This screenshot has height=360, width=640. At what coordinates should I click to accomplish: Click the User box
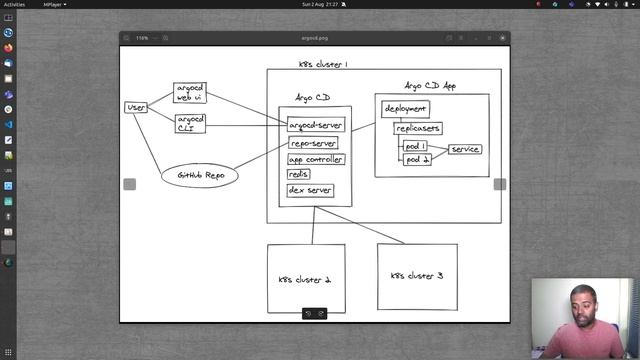pos(136,107)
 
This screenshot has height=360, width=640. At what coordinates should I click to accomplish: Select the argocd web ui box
pos(190,92)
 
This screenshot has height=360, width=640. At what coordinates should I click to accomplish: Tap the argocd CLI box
pos(190,122)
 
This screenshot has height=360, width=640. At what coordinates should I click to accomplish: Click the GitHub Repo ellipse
pos(200,176)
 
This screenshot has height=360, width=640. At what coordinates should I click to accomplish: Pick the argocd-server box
pos(316,125)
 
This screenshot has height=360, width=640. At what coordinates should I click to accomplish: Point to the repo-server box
pos(313,143)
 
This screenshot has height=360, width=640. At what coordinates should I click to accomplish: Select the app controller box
pos(316,159)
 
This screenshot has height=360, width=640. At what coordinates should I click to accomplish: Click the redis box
pos(298,174)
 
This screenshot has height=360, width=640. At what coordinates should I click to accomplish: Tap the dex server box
pos(310,190)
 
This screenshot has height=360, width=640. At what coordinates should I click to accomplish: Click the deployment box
pos(405,108)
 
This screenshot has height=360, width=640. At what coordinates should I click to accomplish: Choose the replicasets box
pos(418,128)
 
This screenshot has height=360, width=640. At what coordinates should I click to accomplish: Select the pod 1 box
pos(416,146)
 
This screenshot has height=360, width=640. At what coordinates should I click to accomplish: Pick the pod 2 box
pos(417,159)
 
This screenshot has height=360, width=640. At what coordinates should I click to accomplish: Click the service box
pos(465,149)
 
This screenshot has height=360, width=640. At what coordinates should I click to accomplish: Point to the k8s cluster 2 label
pos(304,280)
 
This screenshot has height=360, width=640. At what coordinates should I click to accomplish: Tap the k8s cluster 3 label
pos(416,275)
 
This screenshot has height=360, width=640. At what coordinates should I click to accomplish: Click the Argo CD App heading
pos(431,86)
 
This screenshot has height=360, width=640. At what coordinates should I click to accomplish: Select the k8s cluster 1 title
pos(323,64)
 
